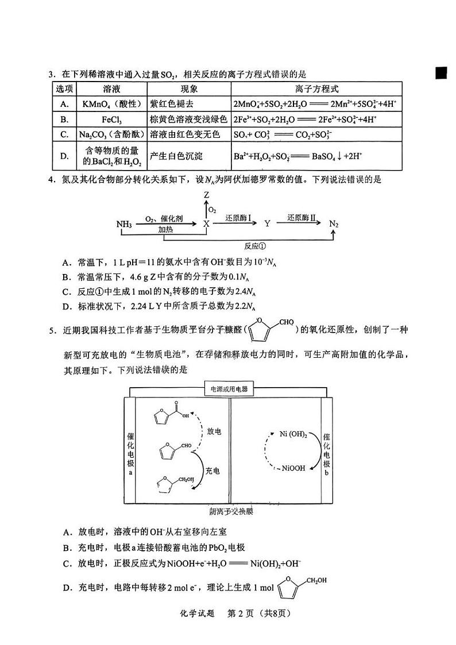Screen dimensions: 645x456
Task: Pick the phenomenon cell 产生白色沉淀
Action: (x=176, y=156)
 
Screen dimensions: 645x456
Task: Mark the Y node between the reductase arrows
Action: (x=267, y=223)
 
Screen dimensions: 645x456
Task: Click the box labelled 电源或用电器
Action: (x=229, y=389)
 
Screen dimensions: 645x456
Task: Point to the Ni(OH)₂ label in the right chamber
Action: (x=293, y=435)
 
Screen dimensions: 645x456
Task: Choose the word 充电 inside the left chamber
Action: (x=212, y=471)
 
